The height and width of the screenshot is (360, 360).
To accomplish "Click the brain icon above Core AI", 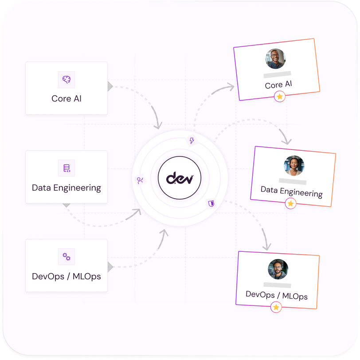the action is click(67, 80).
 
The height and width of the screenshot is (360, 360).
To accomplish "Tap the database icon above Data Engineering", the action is click(67, 168).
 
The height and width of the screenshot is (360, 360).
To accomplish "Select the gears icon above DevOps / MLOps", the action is click(67, 256).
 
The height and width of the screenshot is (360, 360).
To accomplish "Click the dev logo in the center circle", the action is click(180, 178).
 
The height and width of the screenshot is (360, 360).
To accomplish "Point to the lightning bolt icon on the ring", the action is click(192, 141).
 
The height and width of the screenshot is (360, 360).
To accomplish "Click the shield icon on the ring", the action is click(211, 203).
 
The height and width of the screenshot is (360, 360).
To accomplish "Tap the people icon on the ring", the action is click(141, 180).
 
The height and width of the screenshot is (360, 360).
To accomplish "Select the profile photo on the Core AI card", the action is click(275, 59).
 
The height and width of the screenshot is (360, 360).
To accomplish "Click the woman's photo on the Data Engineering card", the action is click(294, 166).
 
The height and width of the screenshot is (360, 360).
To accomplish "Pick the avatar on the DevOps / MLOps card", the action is click(278, 269).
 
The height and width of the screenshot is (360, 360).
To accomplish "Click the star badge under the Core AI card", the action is click(279, 97).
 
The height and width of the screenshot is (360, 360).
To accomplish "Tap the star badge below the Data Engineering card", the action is click(290, 203).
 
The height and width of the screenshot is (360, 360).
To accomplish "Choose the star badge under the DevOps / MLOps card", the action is click(276, 307).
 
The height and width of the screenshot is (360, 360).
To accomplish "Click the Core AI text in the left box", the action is click(67, 98).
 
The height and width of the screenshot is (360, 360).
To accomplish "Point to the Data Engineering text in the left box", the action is click(67, 188).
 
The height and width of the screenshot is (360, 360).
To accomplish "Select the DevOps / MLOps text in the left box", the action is click(67, 276).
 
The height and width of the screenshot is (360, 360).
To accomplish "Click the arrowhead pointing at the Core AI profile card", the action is click(231, 87).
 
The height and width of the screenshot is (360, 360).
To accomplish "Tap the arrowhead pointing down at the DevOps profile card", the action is click(266, 246).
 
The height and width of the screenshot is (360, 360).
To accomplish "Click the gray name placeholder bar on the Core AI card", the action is click(277, 74).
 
